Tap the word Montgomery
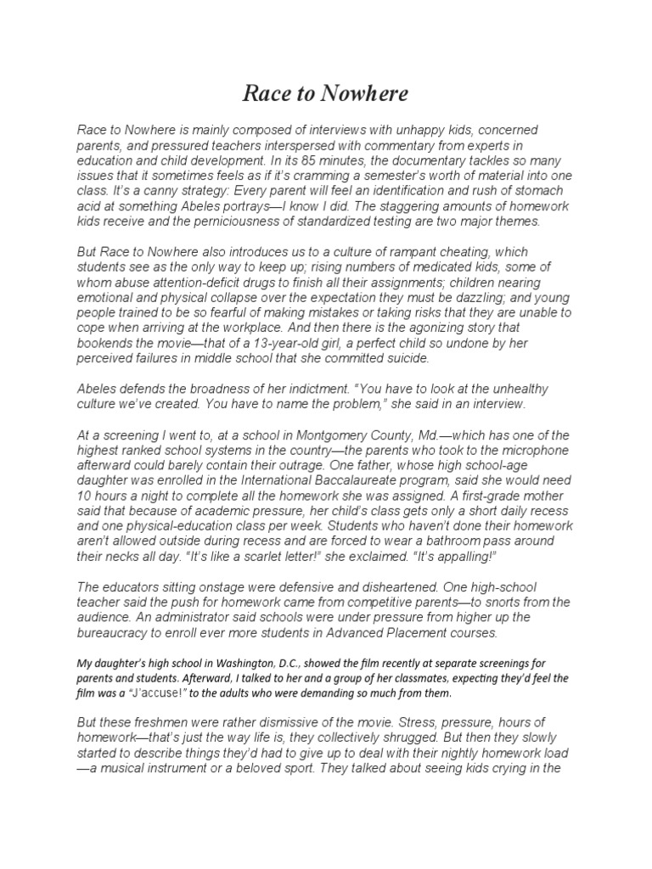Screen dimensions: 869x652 click(x=352, y=435)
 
